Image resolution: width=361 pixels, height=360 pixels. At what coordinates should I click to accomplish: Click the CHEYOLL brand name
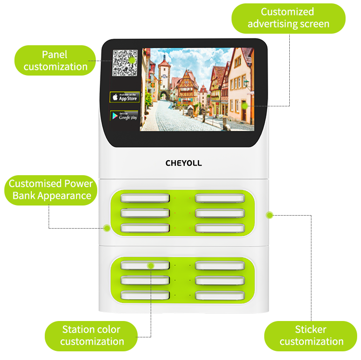183,163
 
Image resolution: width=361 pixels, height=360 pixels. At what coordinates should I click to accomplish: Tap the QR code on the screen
125,63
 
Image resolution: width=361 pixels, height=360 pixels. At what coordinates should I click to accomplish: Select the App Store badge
125,97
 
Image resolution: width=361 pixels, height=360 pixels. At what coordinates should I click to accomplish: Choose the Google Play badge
125,116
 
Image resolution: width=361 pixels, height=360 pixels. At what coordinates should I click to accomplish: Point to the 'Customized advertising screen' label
288,18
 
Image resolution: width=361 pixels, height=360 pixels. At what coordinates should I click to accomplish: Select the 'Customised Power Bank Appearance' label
51,190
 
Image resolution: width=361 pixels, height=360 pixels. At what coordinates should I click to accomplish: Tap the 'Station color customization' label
91,335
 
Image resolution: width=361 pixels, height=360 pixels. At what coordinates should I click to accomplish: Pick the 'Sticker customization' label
311,335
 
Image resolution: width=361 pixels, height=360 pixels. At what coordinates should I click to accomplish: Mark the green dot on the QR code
131,60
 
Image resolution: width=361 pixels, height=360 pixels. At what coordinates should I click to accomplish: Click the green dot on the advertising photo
245,105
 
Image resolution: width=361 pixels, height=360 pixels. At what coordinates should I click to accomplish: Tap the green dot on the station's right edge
270,214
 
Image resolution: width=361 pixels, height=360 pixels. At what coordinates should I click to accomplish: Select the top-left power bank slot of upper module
145,198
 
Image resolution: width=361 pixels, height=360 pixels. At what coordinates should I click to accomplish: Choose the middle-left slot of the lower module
145,280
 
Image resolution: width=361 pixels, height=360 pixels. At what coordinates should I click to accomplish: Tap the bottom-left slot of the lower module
145,295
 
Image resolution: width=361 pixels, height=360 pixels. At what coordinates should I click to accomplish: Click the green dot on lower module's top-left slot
151,265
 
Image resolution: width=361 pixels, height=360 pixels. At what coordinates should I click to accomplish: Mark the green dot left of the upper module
106,227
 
